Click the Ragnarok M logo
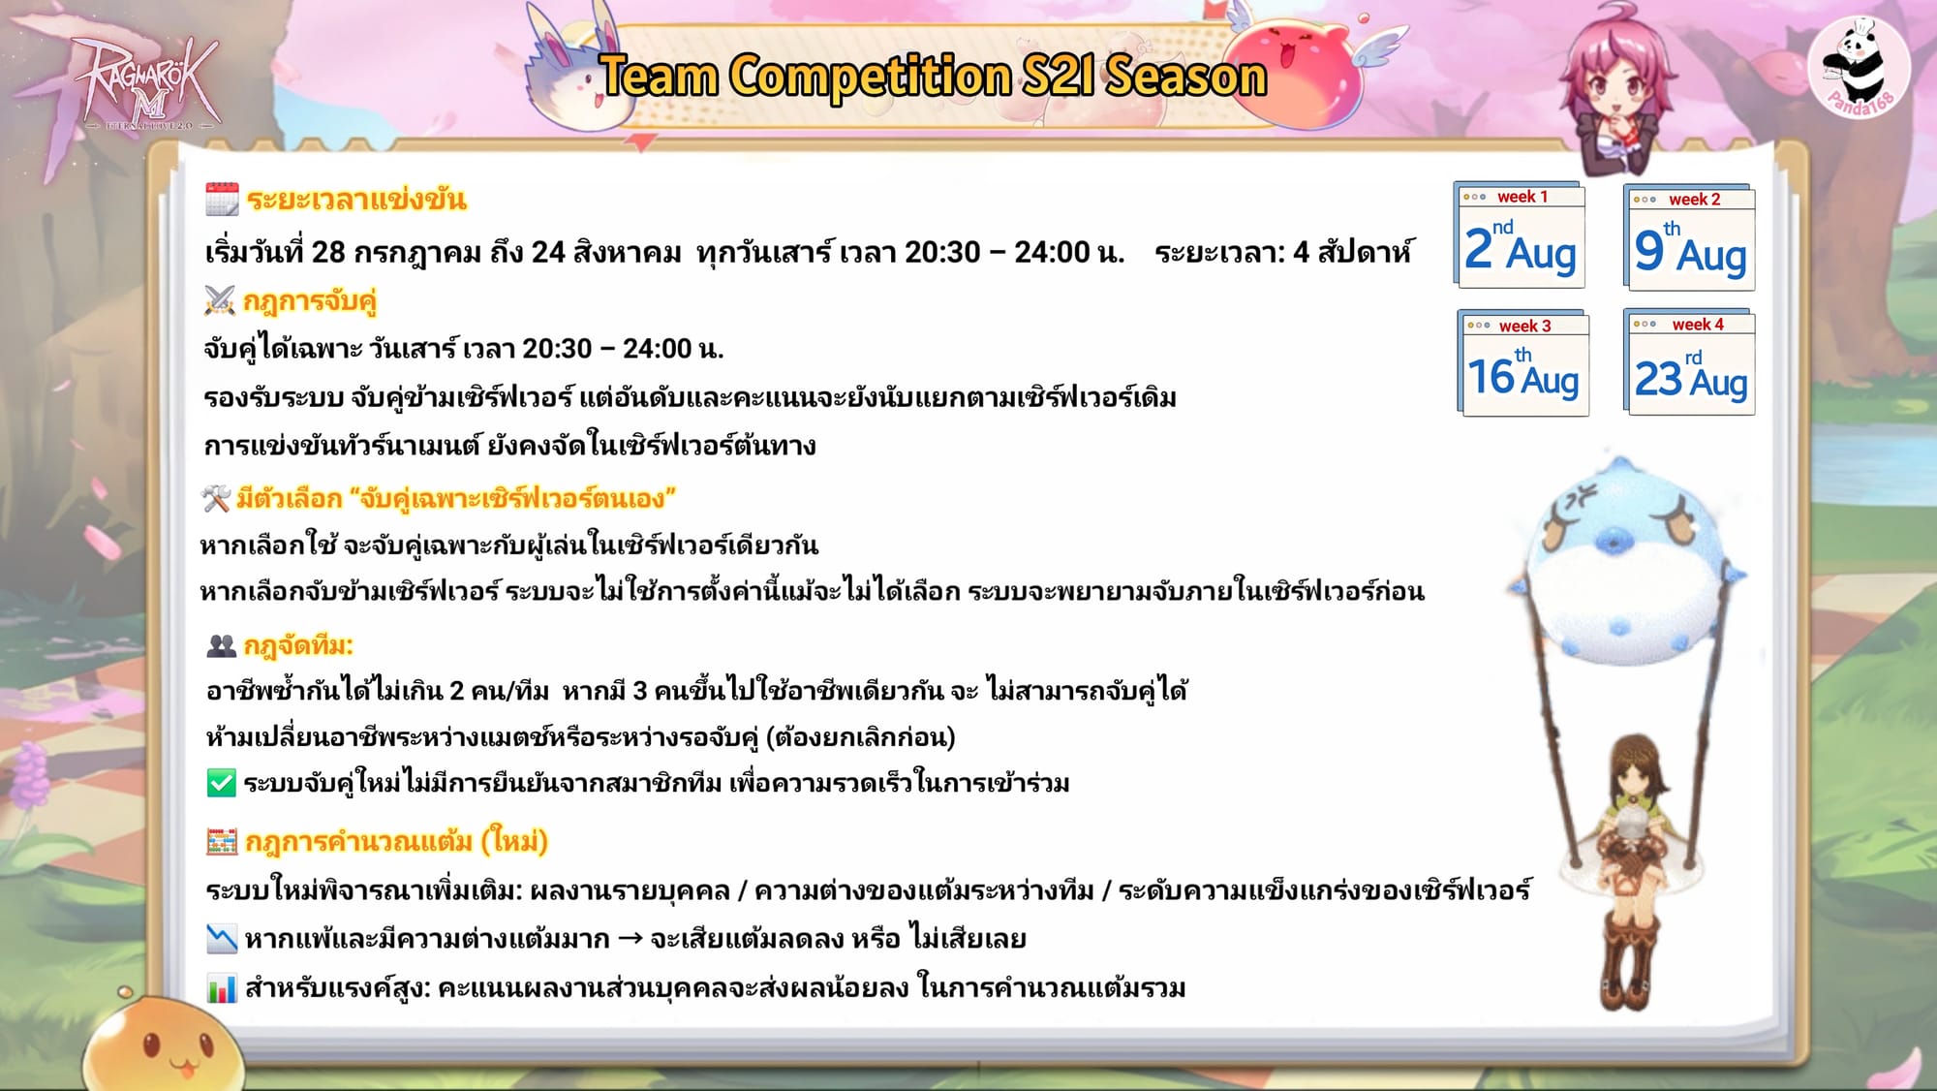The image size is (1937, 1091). pyautogui.click(x=145, y=85)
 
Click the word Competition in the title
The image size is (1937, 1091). pyautogui.click(x=871, y=77)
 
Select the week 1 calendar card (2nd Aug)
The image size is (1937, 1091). pyautogui.click(x=1520, y=235)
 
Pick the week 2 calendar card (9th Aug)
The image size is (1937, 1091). pyautogui.click(x=1690, y=237)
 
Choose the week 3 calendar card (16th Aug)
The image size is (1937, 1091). pyautogui.click(x=1522, y=363)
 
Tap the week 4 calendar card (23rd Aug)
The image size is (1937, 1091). pyautogui.click(x=1691, y=362)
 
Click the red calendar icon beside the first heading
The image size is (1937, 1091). pyautogui.click(x=222, y=199)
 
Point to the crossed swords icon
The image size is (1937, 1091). pyautogui.click(x=220, y=300)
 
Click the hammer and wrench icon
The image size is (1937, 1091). pyautogui.click(x=215, y=498)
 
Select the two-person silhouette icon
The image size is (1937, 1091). pyautogui.click(x=222, y=645)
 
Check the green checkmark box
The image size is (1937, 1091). pyautogui.click(x=222, y=783)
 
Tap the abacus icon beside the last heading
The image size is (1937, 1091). pyautogui.click(x=222, y=841)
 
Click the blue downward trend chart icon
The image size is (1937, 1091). pyautogui.click(x=222, y=938)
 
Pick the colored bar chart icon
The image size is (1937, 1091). pyautogui.click(x=222, y=988)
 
